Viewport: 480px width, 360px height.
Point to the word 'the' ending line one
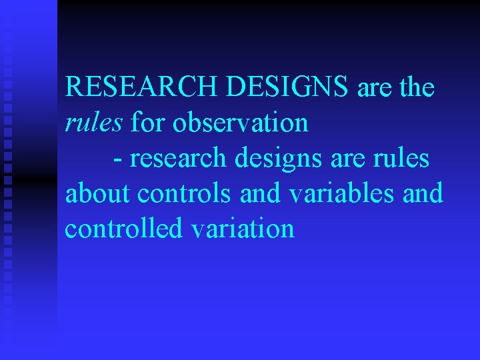(417, 87)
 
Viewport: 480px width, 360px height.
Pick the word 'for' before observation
(146, 123)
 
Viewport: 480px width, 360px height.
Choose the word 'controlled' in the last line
(124, 229)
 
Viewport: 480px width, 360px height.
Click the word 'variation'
(243, 229)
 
